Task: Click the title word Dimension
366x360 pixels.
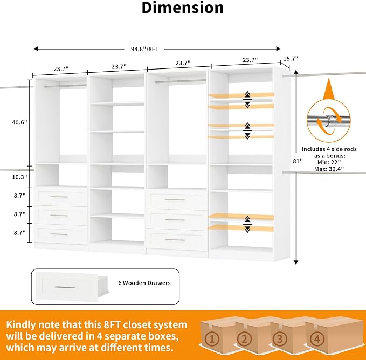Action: pos(183,8)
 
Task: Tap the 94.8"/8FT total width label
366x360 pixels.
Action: pos(144,49)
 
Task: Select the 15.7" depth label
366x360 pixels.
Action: pos(291,59)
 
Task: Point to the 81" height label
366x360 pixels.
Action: pos(298,161)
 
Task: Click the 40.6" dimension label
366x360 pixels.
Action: pos(19,122)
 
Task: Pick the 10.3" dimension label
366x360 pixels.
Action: pos(19,177)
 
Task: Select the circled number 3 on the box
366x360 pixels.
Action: pos(280,339)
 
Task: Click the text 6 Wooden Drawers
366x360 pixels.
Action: pos(144,283)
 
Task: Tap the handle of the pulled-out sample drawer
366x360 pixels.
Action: pos(65,287)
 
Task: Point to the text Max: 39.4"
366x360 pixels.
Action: pos(329,169)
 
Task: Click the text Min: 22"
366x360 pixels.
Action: pos(329,162)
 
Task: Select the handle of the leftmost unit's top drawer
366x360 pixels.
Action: pos(59,197)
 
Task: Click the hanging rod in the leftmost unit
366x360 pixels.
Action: pos(65,86)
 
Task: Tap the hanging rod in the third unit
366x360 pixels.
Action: pos(181,81)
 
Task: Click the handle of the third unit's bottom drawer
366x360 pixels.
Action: pos(175,240)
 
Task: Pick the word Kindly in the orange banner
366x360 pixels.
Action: pos(20,325)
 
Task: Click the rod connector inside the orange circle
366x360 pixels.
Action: pos(329,120)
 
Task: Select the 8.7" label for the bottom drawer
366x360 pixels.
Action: pos(19,233)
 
